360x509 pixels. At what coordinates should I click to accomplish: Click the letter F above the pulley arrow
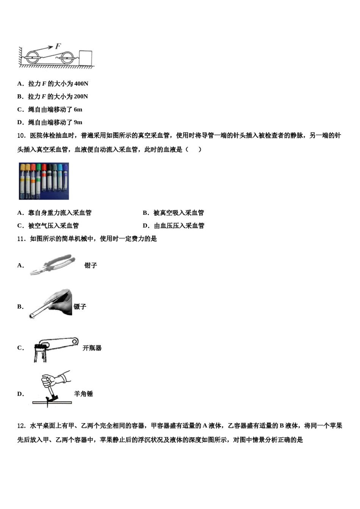[x=58, y=46]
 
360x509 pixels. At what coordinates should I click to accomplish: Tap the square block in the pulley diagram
[x=86, y=58]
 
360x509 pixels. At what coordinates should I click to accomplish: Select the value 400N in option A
[x=81, y=84]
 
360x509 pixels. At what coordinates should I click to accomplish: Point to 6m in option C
[x=78, y=109]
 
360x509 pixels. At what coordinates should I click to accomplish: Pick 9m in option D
[x=78, y=122]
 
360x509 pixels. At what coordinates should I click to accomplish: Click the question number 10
[x=21, y=136]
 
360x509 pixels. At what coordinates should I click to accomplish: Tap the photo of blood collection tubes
[x=44, y=181]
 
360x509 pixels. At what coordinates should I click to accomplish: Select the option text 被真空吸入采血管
[x=178, y=213]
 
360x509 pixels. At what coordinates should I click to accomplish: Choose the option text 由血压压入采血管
[x=179, y=226]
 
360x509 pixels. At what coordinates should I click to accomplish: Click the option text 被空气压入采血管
[x=53, y=226]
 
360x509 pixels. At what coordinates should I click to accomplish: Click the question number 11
[x=21, y=239]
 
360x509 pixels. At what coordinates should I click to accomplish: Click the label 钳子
[x=91, y=265]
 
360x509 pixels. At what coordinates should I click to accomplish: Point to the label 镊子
[x=80, y=307]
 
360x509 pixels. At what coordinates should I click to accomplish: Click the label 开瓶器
[x=92, y=348]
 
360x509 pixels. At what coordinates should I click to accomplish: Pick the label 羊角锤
[x=83, y=394]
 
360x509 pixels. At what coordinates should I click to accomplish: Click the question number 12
[x=21, y=426]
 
